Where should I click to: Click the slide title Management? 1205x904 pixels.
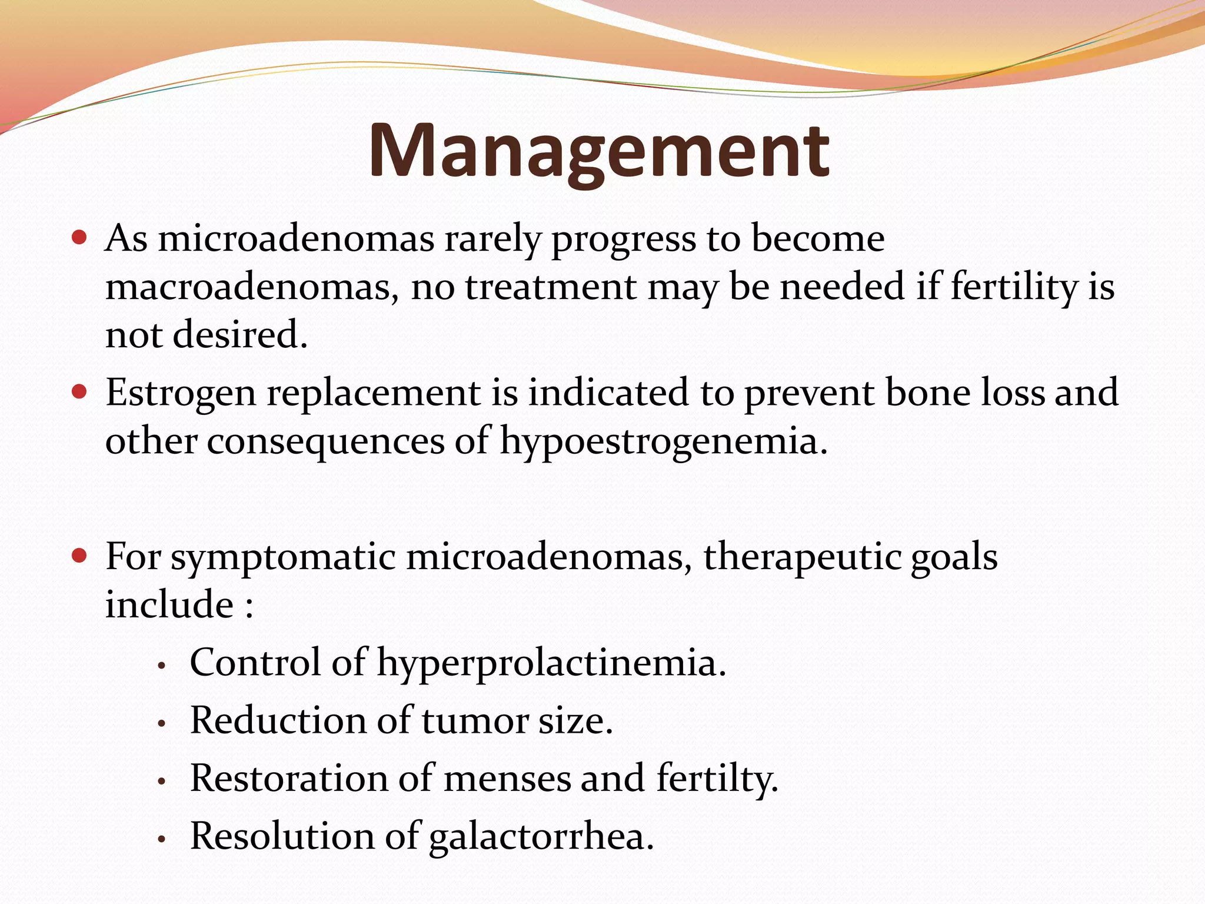pyautogui.click(x=598, y=151)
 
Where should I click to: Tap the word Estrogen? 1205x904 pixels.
pyautogui.click(x=181, y=393)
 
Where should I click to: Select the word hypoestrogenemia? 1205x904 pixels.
pyautogui.click(x=663, y=441)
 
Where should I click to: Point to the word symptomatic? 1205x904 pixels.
pyautogui.click(x=283, y=557)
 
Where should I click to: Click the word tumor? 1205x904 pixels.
pyautogui.click(x=475, y=721)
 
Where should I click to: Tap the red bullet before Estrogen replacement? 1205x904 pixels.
pyautogui.click(x=79, y=391)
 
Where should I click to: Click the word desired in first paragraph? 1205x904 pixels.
pyautogui.click(x=239, y=335)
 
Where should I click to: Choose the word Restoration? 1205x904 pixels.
pyautogui.click(x=289, y=779)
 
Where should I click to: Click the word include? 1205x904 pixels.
pyautogui.click(x=169, y=605)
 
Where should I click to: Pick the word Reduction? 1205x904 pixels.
pyautogui.click(x=278, y=721)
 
